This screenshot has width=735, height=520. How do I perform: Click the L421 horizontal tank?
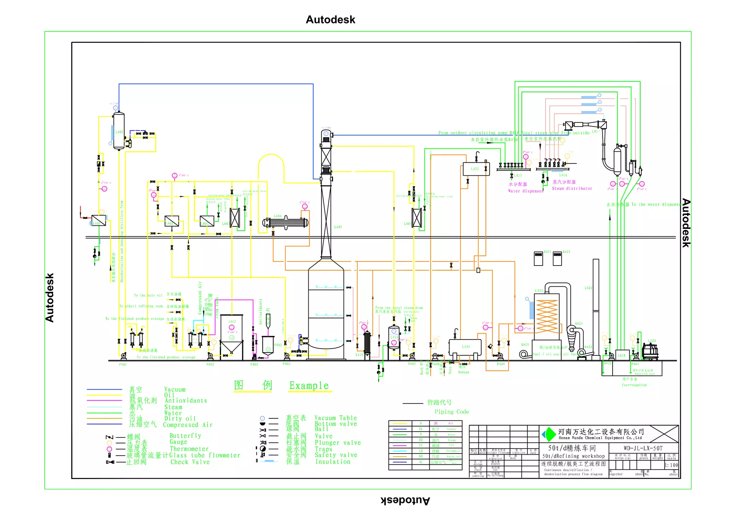coord(465,347)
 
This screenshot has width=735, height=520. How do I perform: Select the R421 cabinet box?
coord(538,258)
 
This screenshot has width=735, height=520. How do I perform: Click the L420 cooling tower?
coord(650,351)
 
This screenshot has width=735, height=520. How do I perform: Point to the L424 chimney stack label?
coord(588,288)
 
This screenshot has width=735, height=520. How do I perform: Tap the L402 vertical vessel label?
coord(119,132)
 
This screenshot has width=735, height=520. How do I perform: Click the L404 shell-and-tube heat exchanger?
coord(286,222)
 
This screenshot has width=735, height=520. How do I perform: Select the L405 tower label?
coord(338,227)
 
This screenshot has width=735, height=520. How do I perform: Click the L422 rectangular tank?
coord(476,169)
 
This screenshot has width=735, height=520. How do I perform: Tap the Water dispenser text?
coord(525,191)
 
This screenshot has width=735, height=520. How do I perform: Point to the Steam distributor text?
coord(572,188)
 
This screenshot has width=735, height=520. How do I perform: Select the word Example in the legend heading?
coord(309,386)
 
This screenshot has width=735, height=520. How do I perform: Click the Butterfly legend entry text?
coord(185,436)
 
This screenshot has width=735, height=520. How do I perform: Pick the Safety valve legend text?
coord(336,455)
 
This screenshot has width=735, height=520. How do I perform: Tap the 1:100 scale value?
coord(671,465)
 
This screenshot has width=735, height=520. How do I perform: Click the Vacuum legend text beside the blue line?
coord(175,390)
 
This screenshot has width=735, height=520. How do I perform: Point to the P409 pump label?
coord(500,364)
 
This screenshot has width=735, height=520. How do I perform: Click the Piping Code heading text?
coord(451,412)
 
